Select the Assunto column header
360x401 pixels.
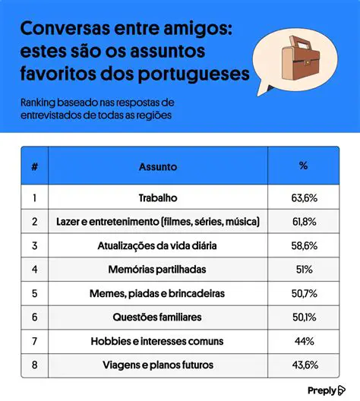tap(158, 166)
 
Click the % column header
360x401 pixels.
tap(304, 166)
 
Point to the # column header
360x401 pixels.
tap(34, 166)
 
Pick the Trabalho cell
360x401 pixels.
tap(158, 197)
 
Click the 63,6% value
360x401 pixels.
tap(304, 197)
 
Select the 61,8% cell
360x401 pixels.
tap(304, 222)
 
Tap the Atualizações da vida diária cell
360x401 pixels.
tap(158, 245)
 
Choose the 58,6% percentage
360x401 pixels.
tap(304, 245)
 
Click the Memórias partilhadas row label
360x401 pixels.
tap(158, 269)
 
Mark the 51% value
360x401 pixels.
tap(304, 269)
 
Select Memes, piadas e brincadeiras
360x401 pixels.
tap(158, 292)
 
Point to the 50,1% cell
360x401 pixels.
tap(304, 317)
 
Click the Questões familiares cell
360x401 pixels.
tap(158, 317)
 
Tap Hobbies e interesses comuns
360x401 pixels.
tap(158, 340)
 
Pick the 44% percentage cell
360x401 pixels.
tap(304, 340)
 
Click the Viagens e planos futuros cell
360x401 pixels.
tap(158, 364)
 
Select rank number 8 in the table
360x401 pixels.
tap(34, 364)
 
